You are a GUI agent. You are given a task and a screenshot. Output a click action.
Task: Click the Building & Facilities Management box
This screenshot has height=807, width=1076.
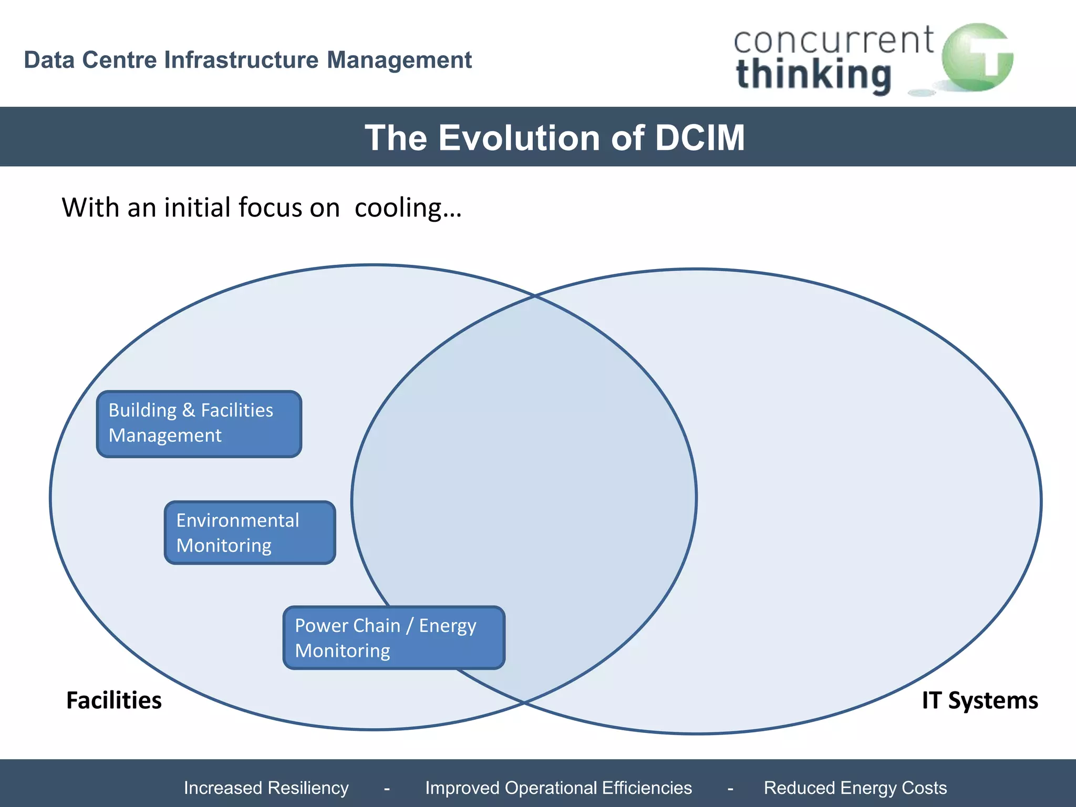[x=199, y=423]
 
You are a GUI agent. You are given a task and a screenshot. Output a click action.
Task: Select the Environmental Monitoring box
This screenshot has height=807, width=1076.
[x=250, y=532]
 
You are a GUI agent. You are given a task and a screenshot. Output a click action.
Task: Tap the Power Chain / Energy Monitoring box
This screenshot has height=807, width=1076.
[x=394, y=637]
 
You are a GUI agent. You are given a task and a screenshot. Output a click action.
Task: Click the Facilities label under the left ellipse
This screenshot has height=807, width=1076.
[x=114, y=700]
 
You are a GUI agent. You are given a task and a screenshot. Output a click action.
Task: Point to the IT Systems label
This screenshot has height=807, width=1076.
[x=980, y=700]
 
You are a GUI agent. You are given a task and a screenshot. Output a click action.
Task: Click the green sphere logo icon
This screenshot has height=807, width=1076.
[x=977, y=57]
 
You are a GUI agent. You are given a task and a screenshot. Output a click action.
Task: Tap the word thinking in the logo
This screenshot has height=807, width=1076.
[x=813, y=75]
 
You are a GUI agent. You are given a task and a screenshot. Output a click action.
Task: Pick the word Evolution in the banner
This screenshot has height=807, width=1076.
[x=519, y=138]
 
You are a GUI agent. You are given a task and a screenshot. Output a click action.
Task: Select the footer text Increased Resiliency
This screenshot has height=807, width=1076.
[x=266, y=788]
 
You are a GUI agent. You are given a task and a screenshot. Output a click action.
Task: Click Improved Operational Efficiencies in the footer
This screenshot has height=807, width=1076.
[x=558, y=788]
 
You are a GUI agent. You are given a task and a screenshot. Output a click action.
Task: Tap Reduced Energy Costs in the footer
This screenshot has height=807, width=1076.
[x=855, y=788]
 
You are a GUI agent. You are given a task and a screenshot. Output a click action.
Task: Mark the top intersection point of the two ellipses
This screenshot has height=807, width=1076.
[x=535, y=296]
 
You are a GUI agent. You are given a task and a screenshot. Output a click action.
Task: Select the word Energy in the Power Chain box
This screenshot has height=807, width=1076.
[x=447, y=626]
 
